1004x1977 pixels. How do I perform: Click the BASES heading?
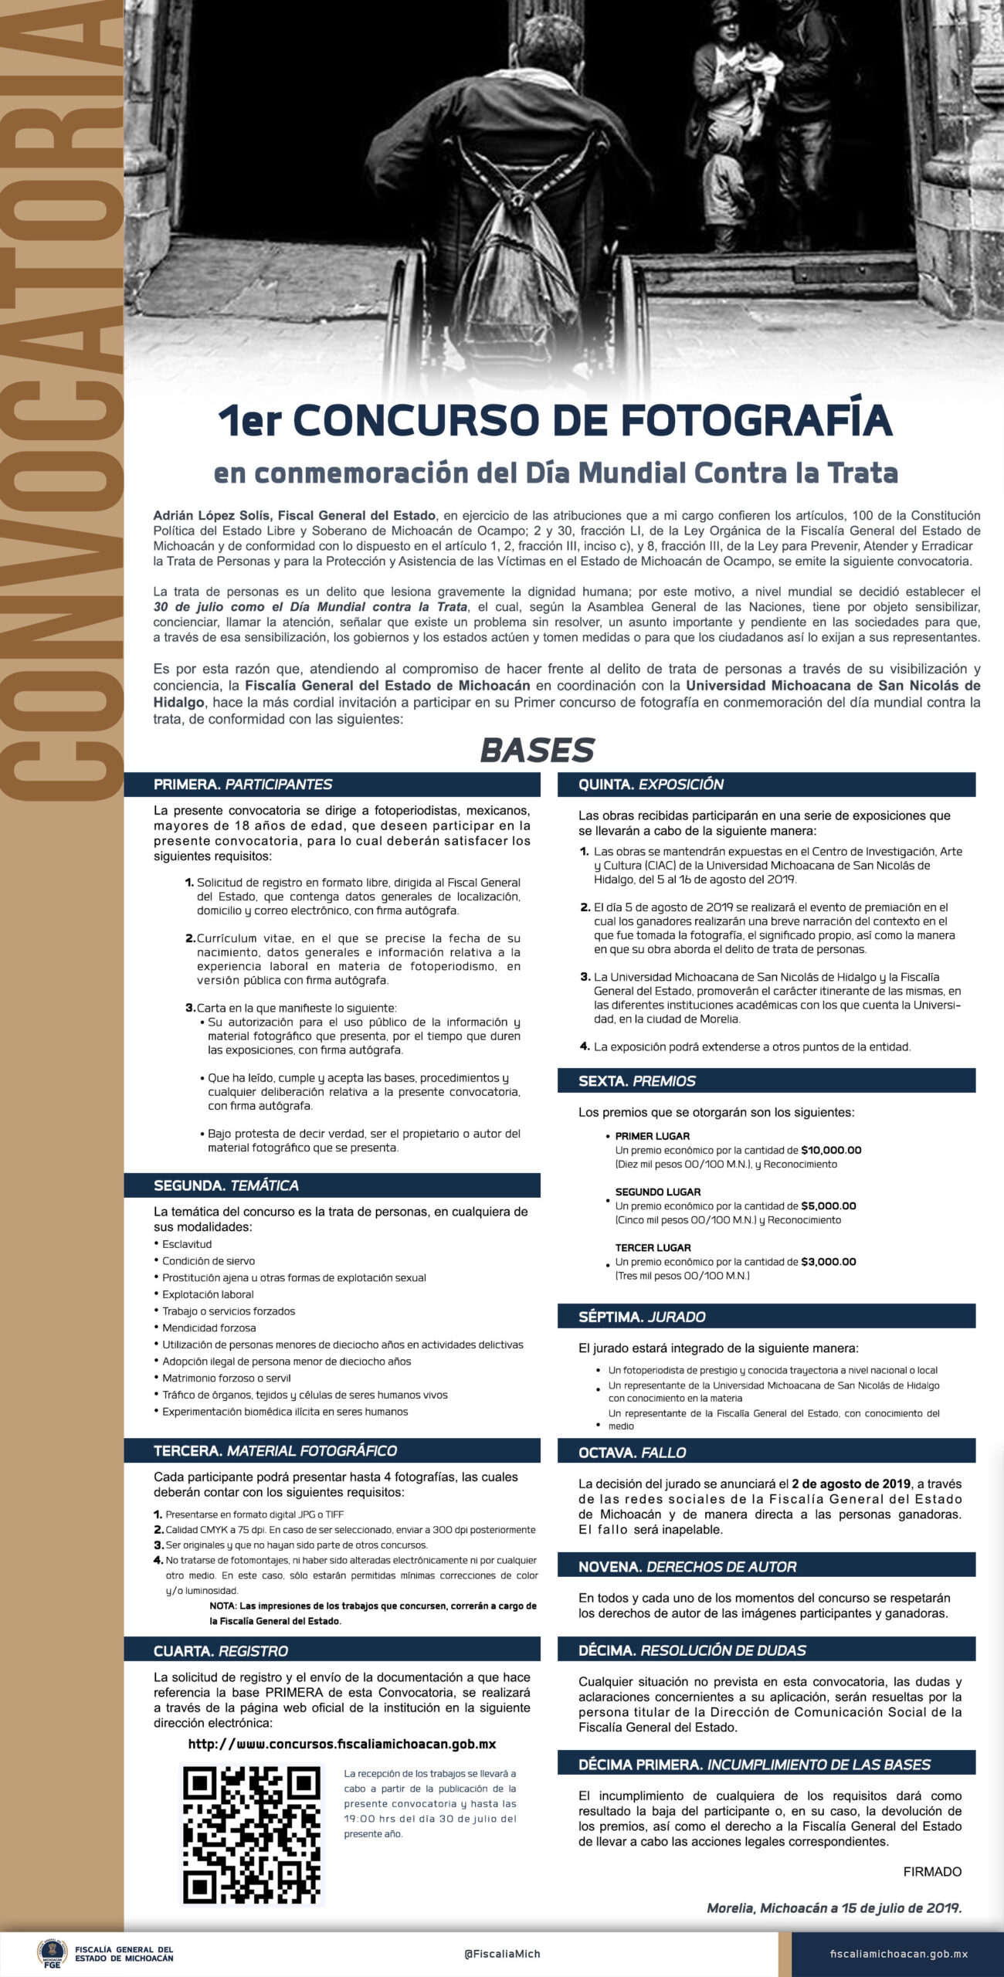click(538, 750)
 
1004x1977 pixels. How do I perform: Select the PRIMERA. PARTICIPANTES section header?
click(243, 784)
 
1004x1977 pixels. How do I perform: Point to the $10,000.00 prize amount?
click(831, 1150)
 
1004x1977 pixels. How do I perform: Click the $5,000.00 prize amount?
click(828, 1206)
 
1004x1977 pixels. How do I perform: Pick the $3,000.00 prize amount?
click(828, 1262)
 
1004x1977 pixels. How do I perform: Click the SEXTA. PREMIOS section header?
click(637, 1081)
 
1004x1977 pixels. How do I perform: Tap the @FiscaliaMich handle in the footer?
click(502, 1954)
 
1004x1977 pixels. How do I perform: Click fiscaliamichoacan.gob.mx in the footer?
click(898, 1954)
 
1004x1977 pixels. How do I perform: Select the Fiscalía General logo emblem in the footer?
click(53, 1953)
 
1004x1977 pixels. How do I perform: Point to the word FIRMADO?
click(932, 1872)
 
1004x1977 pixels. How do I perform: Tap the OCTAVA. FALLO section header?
click(632, 1453)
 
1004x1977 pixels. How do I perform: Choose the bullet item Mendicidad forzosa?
click(209, 1328)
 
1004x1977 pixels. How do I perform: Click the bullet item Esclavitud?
click(187, 1244)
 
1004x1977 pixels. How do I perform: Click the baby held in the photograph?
click(761, 73)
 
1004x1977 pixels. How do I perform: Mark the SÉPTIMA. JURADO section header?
click(642, 1317)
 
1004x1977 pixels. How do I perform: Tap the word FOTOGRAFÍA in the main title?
click(756, 421)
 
